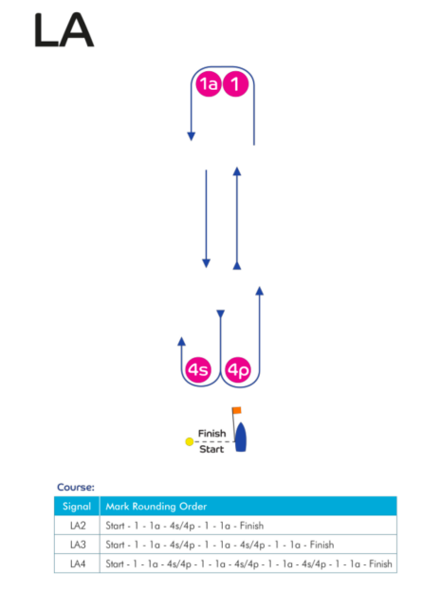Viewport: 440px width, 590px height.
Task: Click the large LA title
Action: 64,30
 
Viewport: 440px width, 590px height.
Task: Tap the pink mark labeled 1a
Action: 209,83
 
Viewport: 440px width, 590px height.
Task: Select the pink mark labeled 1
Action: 235,83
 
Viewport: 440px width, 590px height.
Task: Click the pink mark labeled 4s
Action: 198,370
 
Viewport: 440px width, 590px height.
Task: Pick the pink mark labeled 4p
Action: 238,370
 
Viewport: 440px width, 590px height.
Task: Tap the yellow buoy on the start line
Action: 190,441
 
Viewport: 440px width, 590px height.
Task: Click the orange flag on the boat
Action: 237,410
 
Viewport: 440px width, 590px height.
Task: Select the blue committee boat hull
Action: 241,437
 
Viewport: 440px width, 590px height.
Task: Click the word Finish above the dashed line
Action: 212,434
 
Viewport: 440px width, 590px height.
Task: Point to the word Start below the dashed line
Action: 211,449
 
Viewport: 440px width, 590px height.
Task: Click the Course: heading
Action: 76,488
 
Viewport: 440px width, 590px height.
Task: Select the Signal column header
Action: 77,507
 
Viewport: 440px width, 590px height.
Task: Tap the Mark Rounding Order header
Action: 156,507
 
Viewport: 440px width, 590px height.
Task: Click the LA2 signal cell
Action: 78,526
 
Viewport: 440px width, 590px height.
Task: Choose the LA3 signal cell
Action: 78,545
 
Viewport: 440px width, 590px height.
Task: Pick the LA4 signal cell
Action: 78,564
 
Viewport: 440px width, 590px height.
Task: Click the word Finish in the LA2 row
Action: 251,526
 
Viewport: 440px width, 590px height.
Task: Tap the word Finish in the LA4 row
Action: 380,564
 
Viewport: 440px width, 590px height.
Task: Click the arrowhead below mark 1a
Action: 192,136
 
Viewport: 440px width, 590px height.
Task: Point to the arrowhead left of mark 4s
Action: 181,341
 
